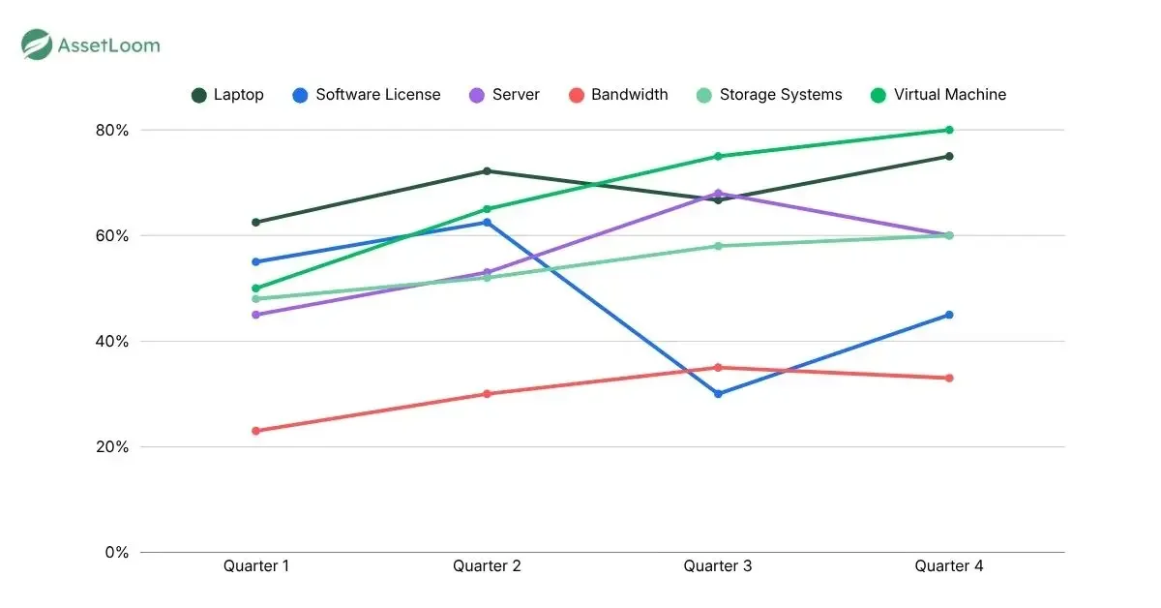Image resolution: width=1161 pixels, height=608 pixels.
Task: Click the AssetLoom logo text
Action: click(108, 45)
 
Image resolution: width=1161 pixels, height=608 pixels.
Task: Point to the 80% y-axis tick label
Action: click(109, 131)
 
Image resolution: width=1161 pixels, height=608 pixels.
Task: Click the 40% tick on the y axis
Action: click(109, 342)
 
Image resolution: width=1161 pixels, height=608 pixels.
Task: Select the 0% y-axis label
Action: click(115, 553)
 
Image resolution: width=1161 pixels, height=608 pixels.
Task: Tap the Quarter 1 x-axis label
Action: click(256, 566)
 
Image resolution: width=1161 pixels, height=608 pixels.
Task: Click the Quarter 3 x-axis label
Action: click(718, 566)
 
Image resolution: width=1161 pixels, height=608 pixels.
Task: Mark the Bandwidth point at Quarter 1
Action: click(256, 431)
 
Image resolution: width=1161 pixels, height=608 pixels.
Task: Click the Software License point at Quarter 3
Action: click(718, 394)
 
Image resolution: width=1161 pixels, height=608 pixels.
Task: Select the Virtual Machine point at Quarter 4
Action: click(949, 130)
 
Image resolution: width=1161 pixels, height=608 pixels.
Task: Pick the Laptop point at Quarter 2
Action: click(487, 171)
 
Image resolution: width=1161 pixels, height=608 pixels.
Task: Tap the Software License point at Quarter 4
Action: click(949, 315)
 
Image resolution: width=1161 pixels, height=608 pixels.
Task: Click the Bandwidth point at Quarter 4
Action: click(949, 378)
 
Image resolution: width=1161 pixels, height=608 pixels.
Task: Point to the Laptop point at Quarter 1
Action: click(256, 223)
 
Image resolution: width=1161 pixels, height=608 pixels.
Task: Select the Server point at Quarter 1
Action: click(256, 315)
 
